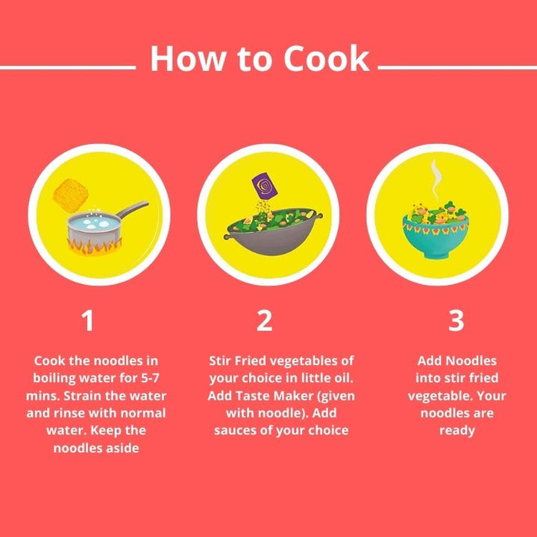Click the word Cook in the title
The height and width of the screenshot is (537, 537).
322,59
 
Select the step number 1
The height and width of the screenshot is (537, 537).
88,321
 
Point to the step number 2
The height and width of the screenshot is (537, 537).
264,321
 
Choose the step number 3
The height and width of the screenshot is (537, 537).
456,321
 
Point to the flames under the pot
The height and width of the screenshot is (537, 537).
95,245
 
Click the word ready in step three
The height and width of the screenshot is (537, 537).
456,430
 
